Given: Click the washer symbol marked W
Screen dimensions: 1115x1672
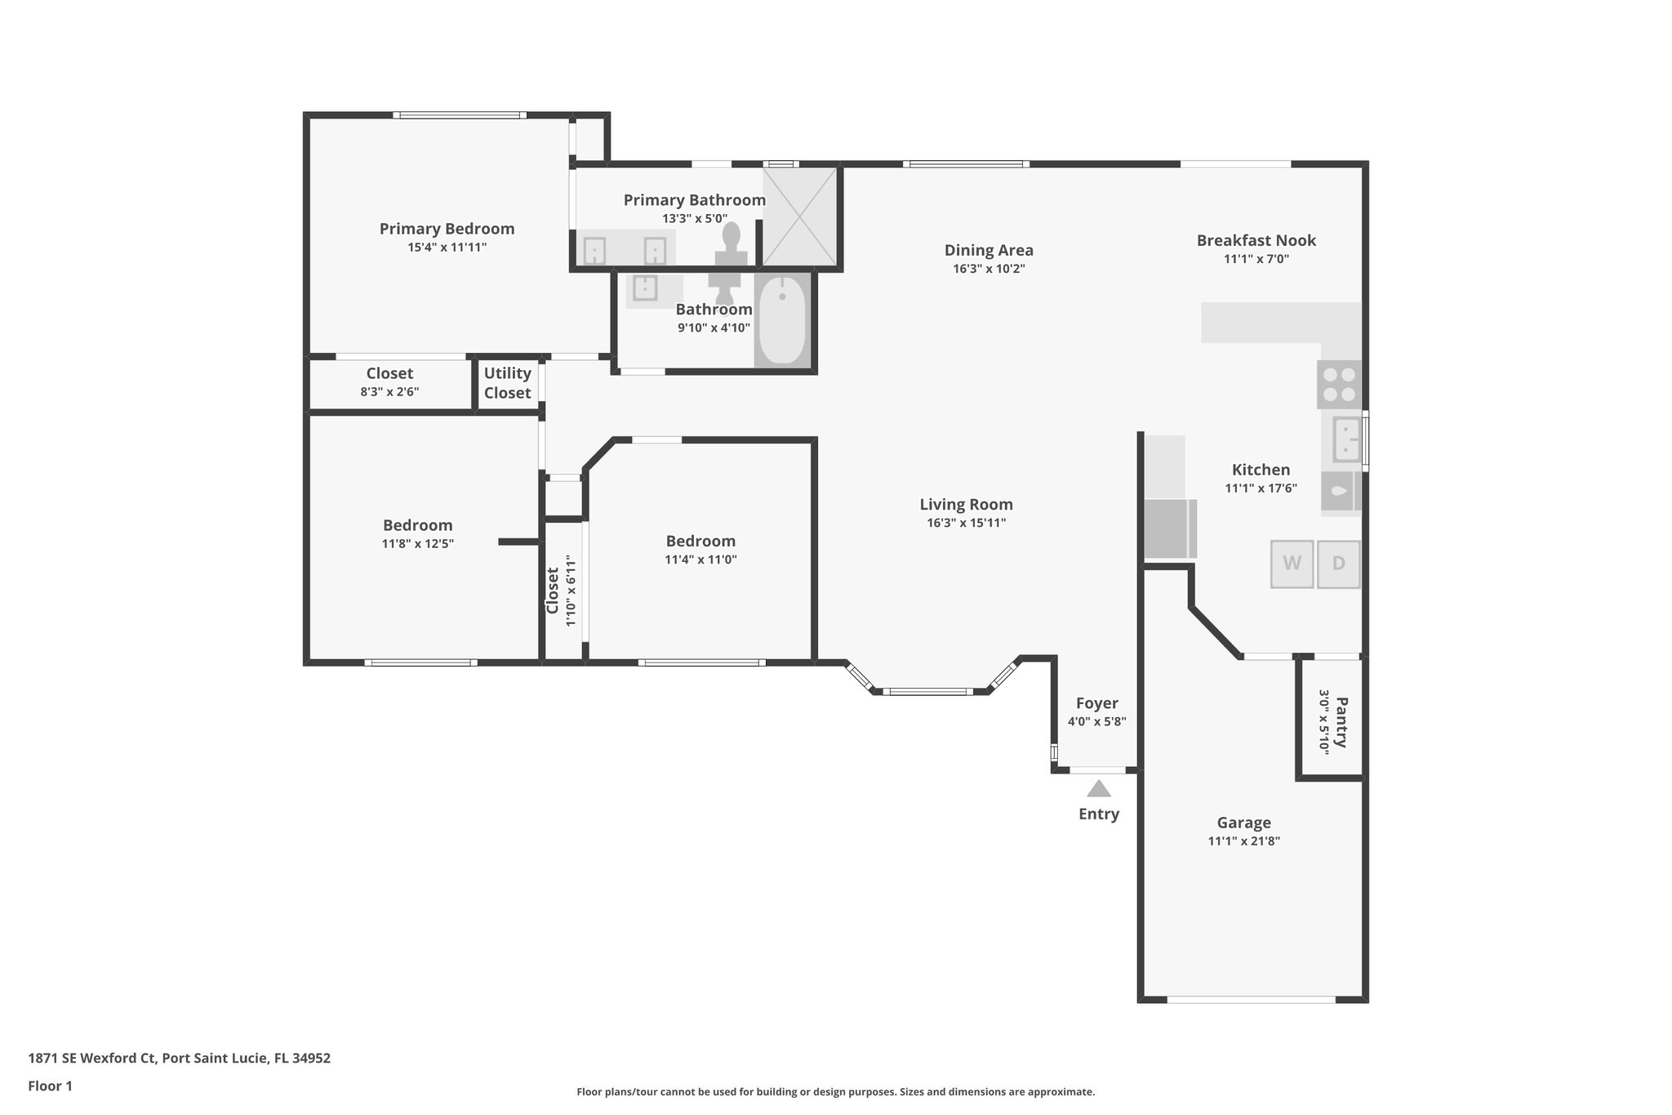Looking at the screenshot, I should pyautogui.click(x=1292, y=564).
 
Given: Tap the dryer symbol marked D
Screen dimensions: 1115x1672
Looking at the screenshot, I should pyautogui.click(x=1338, y=564).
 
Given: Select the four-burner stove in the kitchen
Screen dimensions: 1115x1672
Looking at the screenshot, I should pyautogui.click(x=1339, y=385).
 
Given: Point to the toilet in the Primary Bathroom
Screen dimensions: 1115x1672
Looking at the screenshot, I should pyautogui.click(x=731, y=243).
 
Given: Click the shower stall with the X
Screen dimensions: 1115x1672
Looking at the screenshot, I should pyautogui.click(x=800, y=216).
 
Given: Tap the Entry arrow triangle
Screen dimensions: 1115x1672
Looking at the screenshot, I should pyautogui.click(x=1099, y=789).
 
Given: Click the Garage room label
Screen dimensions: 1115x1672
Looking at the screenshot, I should pyautogui.click(x=1243, y=823).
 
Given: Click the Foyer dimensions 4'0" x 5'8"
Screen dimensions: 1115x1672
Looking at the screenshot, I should pyautogui.click(x=1096, y=721).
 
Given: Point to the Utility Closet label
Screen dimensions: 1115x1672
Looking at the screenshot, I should pyautogui.click(x=507, y=383).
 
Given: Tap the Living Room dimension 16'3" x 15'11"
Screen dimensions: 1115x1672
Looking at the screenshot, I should pyautogui.click(x=966, y=523).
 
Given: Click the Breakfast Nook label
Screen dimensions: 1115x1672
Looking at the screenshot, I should pyautogui.click(x=1256, y=240).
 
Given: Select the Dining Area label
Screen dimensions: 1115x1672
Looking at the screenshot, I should pyautogui.click(x=989, y=250).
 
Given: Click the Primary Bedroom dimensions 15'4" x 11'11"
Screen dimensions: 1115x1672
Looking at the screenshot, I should pyautogui.click(x=447, y=247).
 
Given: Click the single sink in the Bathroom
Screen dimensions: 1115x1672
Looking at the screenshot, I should pyautogui.click(x=645, y=288).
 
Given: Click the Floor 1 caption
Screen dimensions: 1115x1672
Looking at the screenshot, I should pyautogui.click(x=50, y=1086).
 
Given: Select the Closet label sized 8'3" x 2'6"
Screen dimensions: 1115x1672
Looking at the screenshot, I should pyautogui.click(x=389, y=373).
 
